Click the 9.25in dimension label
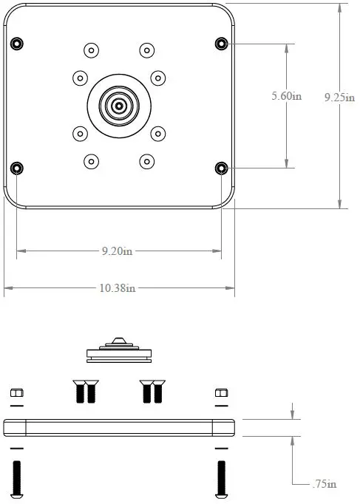pos(339,96)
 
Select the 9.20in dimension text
pos(118,251)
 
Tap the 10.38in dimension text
pos(118,287)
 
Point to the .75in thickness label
pos(322,484)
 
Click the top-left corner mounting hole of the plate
pos(16,43)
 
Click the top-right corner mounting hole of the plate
pos(220,43)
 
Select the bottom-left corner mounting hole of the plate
pos(16,168)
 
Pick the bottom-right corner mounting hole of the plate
pos(220,168)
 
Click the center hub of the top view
pos(118,106)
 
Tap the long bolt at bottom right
pos(220,478)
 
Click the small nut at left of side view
pos(16,393)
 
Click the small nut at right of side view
pos(220,393)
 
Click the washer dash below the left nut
pos(16,406)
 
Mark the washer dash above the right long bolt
pos(220,449)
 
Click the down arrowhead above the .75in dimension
pos(293,415)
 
